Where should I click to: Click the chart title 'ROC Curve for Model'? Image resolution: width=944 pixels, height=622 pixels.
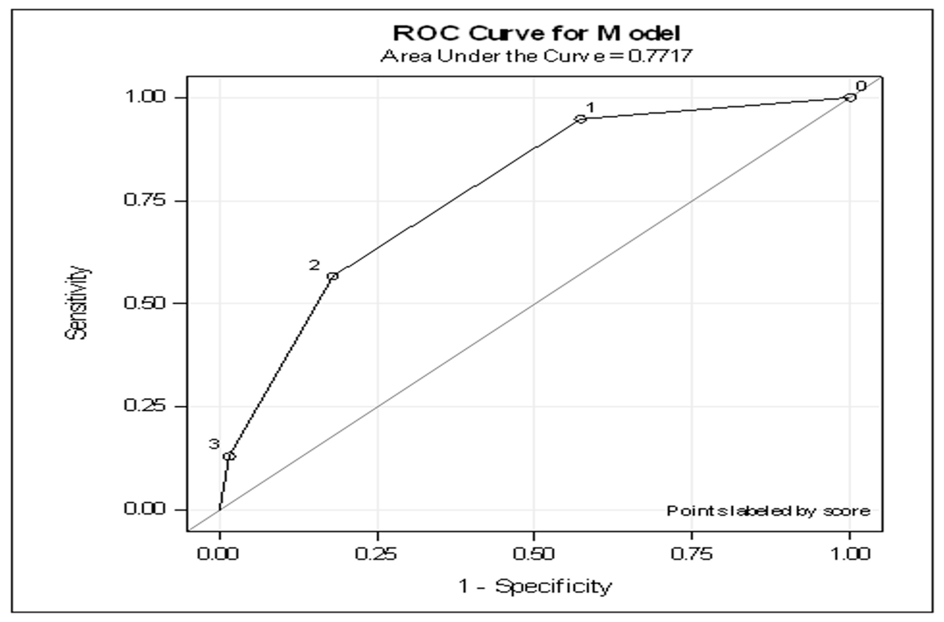click(x=536, y=34)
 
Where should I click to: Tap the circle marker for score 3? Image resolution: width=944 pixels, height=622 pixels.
click(x=229, y=456)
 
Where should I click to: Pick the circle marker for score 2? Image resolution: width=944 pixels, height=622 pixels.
click(x=333, y=276)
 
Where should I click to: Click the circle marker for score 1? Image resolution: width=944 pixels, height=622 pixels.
click(x=580, y=119)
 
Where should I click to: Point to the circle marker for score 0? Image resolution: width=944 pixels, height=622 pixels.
click(x=849, y=97)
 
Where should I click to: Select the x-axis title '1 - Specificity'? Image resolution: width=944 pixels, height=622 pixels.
click(x=536, y=587)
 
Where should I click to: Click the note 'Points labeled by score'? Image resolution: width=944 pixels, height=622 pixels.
click(x=768, y=511)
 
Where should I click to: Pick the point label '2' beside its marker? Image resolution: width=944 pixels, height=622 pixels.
click(x=314, y=265)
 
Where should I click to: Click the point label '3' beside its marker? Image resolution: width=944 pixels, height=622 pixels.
click(x=214, y=444)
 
